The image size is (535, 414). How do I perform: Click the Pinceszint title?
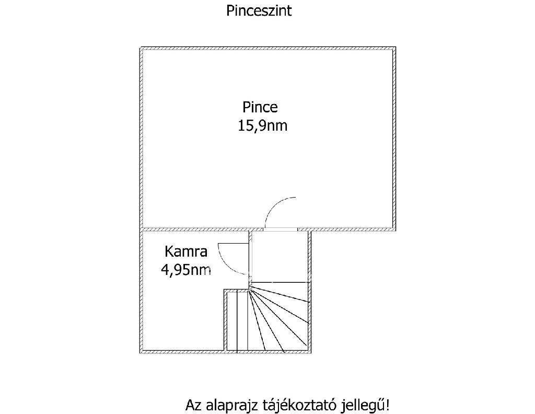pyautogui.click(x=259, y=11)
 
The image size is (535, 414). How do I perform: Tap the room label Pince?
pyautogui.click(x=260, y=107)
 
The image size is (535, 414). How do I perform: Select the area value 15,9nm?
pyautogui.click(x=262, y=125)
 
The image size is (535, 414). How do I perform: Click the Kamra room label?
pyautogui.click(x=186, y=251)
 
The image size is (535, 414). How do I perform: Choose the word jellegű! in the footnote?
pyautogui.click(x=365, y=406)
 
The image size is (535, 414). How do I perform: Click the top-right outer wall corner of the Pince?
pyautogui.click(x=396, y=47)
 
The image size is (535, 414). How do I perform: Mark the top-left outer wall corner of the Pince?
pyautogui.click(x=140, y=47)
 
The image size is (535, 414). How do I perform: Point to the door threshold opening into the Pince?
pyautogui.click(x=281, y=229)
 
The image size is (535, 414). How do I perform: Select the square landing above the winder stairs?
pyautogui.click(x=281, y=257)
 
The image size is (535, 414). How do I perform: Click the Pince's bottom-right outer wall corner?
pyautogui.click(x=396, y=231)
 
